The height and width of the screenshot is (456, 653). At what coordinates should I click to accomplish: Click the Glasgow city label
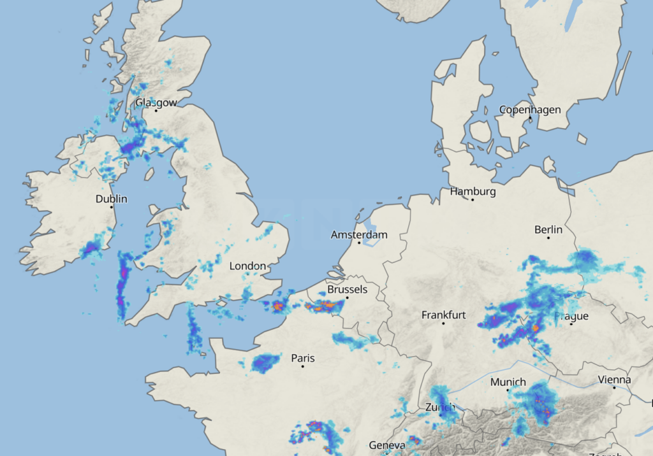click(x=156, y=103)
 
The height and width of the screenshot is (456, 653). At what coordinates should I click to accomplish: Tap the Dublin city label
click(x=112, y=199)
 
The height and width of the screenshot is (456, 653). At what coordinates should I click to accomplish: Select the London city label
click(x=247, y=266)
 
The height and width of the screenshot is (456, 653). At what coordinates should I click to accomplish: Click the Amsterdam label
click(x=359, y=235)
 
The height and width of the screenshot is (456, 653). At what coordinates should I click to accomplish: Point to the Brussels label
click(x=347, y=289)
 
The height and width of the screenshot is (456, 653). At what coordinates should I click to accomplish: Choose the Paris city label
click(x=303, y=358)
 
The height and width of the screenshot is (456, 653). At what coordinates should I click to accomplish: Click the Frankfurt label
click(x=444, y=315)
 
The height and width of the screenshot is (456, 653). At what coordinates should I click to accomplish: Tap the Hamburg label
click(x=473, y=191)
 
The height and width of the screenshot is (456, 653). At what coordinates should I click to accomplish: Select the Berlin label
click(x=548, y=229)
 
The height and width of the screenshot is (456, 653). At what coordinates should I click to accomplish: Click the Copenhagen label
click(x=530, y=110)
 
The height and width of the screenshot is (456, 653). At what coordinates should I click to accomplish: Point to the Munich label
click(x=508, y=381)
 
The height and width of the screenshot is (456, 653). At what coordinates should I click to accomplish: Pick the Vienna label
click(x=614, y=380)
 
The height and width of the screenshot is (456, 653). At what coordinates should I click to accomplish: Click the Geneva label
click(x=387, y=445)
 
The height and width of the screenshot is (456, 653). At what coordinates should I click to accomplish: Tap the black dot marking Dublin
click(x=112, y=207)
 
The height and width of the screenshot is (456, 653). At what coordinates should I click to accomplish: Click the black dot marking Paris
click(x=303, y=366)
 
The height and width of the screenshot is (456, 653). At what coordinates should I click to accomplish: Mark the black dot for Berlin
click(x=548, y=238)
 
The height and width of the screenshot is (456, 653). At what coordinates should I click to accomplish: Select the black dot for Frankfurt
click(x=444, y=323)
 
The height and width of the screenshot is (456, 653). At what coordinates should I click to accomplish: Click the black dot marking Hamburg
click(x=473, y=199)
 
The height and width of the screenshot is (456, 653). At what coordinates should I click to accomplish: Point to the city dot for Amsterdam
click(x=359, y=243)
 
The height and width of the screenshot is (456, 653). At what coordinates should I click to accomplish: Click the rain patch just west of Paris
click(x=265, y=363)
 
